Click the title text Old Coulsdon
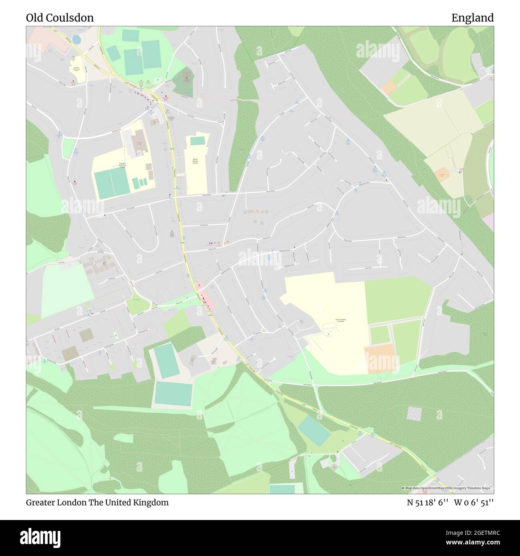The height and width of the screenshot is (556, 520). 60,18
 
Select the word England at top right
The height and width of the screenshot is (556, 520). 472,18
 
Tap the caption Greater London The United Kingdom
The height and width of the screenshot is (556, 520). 98,502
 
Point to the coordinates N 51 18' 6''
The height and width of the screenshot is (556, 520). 428,502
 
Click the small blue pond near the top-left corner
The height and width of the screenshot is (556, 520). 76,39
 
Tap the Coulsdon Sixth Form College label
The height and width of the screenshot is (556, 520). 122,165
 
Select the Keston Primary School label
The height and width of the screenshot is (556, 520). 195,161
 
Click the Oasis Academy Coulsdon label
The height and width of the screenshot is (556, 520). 340,320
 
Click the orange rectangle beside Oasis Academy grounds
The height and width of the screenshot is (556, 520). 382,359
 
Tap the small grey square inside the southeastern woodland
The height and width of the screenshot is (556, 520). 414,413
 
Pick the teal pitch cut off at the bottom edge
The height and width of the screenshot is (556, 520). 282,489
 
